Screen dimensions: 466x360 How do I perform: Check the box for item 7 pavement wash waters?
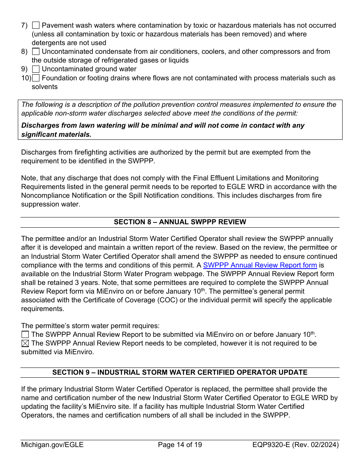pyautogui.click(x=36, y=25)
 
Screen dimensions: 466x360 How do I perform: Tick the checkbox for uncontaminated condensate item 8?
pyautogui.click(x=36, y=52)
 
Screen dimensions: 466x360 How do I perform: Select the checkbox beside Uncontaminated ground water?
pyautogui.click(x=36, y=69)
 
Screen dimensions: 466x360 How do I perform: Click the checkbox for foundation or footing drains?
pyautogui.click(x=36, y=78)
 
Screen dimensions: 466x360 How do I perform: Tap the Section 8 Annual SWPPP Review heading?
pyautogui.click(x=180, y=222)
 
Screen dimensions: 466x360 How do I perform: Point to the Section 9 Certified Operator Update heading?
pyautogui.click(x=180, y=372)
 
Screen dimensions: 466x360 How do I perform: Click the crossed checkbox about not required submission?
pyautogui.click(x=25, y=344)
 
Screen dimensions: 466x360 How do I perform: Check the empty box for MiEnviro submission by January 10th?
pyautogui.click(x=25, y=335)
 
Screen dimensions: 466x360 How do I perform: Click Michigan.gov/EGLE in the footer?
pyautogui.click(x=52, y=445)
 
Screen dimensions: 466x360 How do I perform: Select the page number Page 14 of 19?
pyautogui.click(x=180, y=445)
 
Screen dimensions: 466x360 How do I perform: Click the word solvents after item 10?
pyautogui.click(x=45, y=87)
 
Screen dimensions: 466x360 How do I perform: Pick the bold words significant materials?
pyautogui.click(x=56, y=134)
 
